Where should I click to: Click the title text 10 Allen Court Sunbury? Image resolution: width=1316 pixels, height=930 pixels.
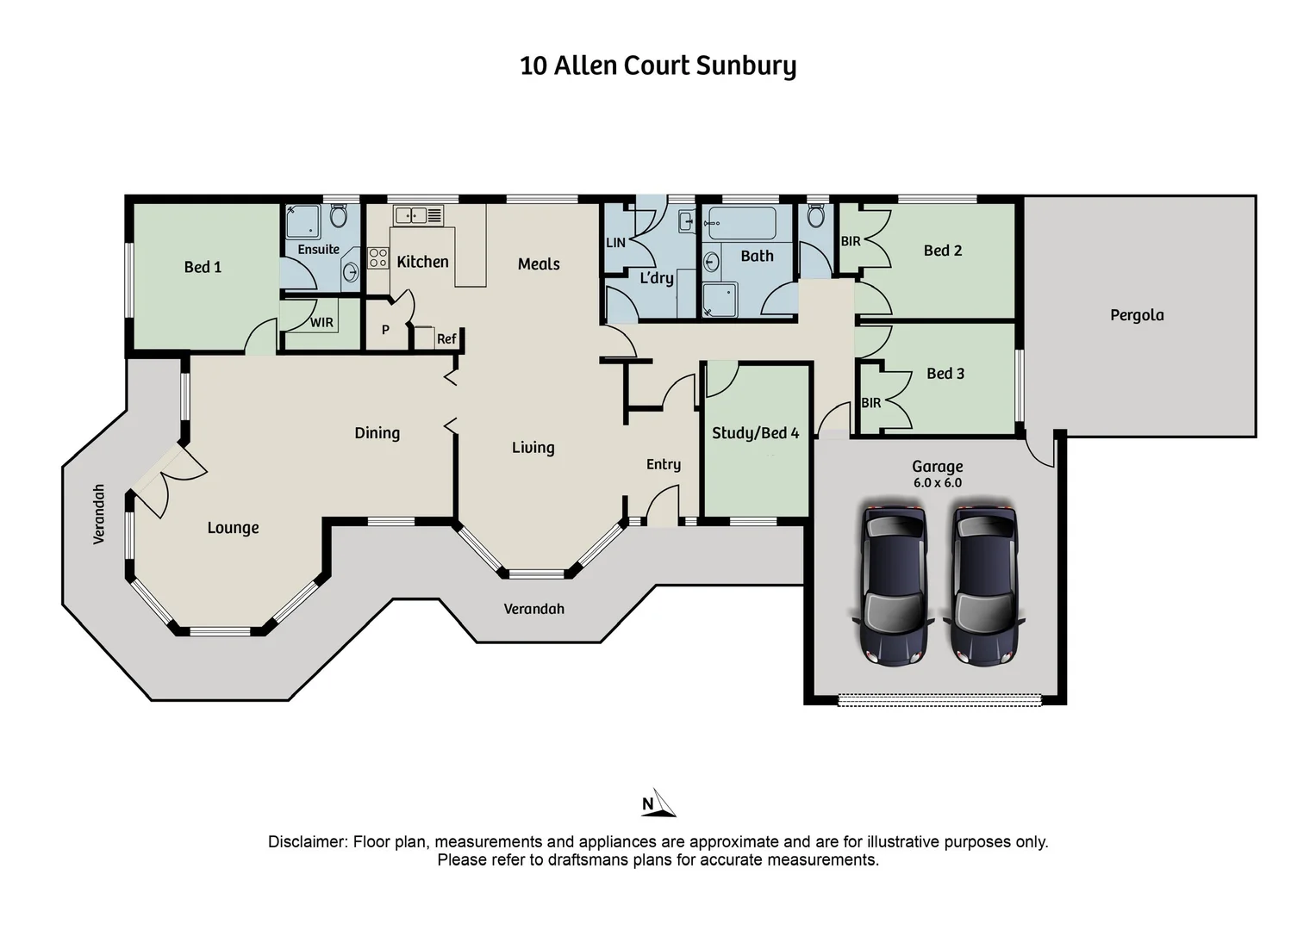point(658,66)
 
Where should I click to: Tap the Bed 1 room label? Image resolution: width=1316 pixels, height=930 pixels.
point(203,267)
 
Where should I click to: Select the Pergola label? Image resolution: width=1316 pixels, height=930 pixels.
point(1137,315)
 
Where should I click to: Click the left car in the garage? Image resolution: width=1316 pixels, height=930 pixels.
point(894,586)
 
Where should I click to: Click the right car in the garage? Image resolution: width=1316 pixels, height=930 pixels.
point(984,586)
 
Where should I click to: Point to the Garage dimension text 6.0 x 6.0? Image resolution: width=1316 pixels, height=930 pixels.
point(937,483)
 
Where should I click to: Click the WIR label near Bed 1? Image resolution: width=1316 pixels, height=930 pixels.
point(321,323)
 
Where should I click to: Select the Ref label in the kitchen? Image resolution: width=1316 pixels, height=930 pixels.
point(446,339)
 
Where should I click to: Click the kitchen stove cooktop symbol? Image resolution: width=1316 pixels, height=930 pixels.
point(378,257)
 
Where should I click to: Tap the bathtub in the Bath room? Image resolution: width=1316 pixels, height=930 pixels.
point(741,224)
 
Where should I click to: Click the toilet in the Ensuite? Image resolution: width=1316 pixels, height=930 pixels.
point(339,214)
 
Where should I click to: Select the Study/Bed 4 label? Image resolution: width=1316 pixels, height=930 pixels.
point(755,433)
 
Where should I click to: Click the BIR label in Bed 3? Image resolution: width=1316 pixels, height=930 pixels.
point(870,403)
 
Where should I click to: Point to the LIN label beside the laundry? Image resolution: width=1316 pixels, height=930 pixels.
point(615,243)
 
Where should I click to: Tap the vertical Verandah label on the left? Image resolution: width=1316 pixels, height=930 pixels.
point(99,514)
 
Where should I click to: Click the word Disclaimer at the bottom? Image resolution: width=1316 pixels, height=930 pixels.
point(307,842)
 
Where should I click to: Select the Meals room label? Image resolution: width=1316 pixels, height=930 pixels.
point(539,264)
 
